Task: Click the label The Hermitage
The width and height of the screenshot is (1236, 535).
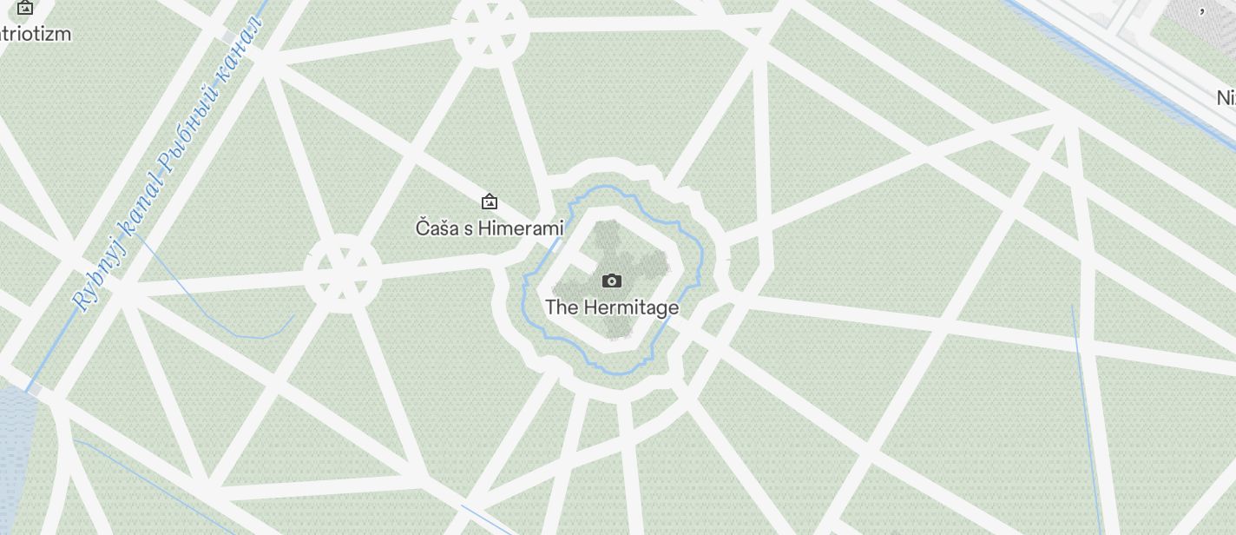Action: click(x=612, y=307)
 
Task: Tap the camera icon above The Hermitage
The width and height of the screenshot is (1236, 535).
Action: click(x=612, y=281)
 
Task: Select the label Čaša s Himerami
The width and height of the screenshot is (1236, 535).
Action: click(x=490, y=228)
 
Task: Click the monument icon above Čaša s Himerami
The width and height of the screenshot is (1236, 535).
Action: click(x=490, y=202)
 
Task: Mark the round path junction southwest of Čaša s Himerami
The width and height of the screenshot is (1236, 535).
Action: click(x=343, y=272)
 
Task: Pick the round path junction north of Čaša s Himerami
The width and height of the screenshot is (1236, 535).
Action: click(x=489, y=30)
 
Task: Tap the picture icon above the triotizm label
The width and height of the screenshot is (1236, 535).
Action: click(x=25, y=8)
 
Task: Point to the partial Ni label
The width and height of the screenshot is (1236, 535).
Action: click(x=1225, y=97)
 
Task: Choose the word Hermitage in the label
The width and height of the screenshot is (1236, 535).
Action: click(x=631, y=307)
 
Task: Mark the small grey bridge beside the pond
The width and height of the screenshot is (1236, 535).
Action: click(x=33, y=390)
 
